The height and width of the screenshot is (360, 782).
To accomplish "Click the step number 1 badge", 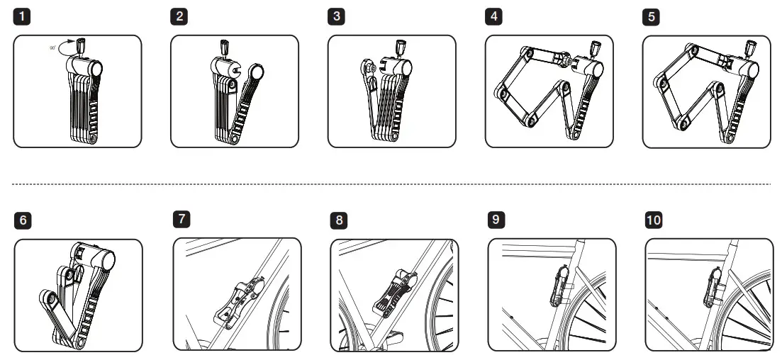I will (x=23, y=16).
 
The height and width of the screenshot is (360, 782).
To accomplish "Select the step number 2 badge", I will (x=181, y=16).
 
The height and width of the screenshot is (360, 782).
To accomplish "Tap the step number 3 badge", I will (x=337, y=16).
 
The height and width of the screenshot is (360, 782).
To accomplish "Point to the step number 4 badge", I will (x=495, y=16).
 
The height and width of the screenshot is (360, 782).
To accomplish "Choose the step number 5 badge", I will (x=652, y=16).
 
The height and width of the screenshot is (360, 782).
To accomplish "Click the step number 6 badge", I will (x=23, y=220).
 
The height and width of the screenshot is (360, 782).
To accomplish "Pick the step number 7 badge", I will (x=181, y=218).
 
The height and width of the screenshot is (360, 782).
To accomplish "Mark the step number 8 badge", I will (x=340, y=220).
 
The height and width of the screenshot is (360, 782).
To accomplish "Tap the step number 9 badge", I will (x=497, y=219).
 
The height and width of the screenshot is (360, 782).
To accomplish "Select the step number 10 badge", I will (x=654, y=220).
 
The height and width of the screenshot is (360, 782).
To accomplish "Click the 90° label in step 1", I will (x=52, y=48).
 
